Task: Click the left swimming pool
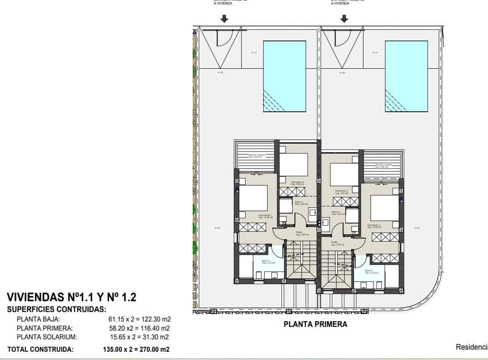coord(285,76)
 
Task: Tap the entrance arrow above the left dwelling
coord(224,19)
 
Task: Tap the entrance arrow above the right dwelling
coord(344,19)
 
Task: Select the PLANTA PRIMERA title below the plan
coord(316,324)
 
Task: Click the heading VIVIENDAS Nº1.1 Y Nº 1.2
coord(72,297)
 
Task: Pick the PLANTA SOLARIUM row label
coord(47,337)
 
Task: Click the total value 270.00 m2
coord(153,349)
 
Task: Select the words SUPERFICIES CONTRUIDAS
coord(57,309)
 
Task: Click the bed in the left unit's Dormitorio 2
coord(253,198)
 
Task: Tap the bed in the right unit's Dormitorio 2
coord(385,208)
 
